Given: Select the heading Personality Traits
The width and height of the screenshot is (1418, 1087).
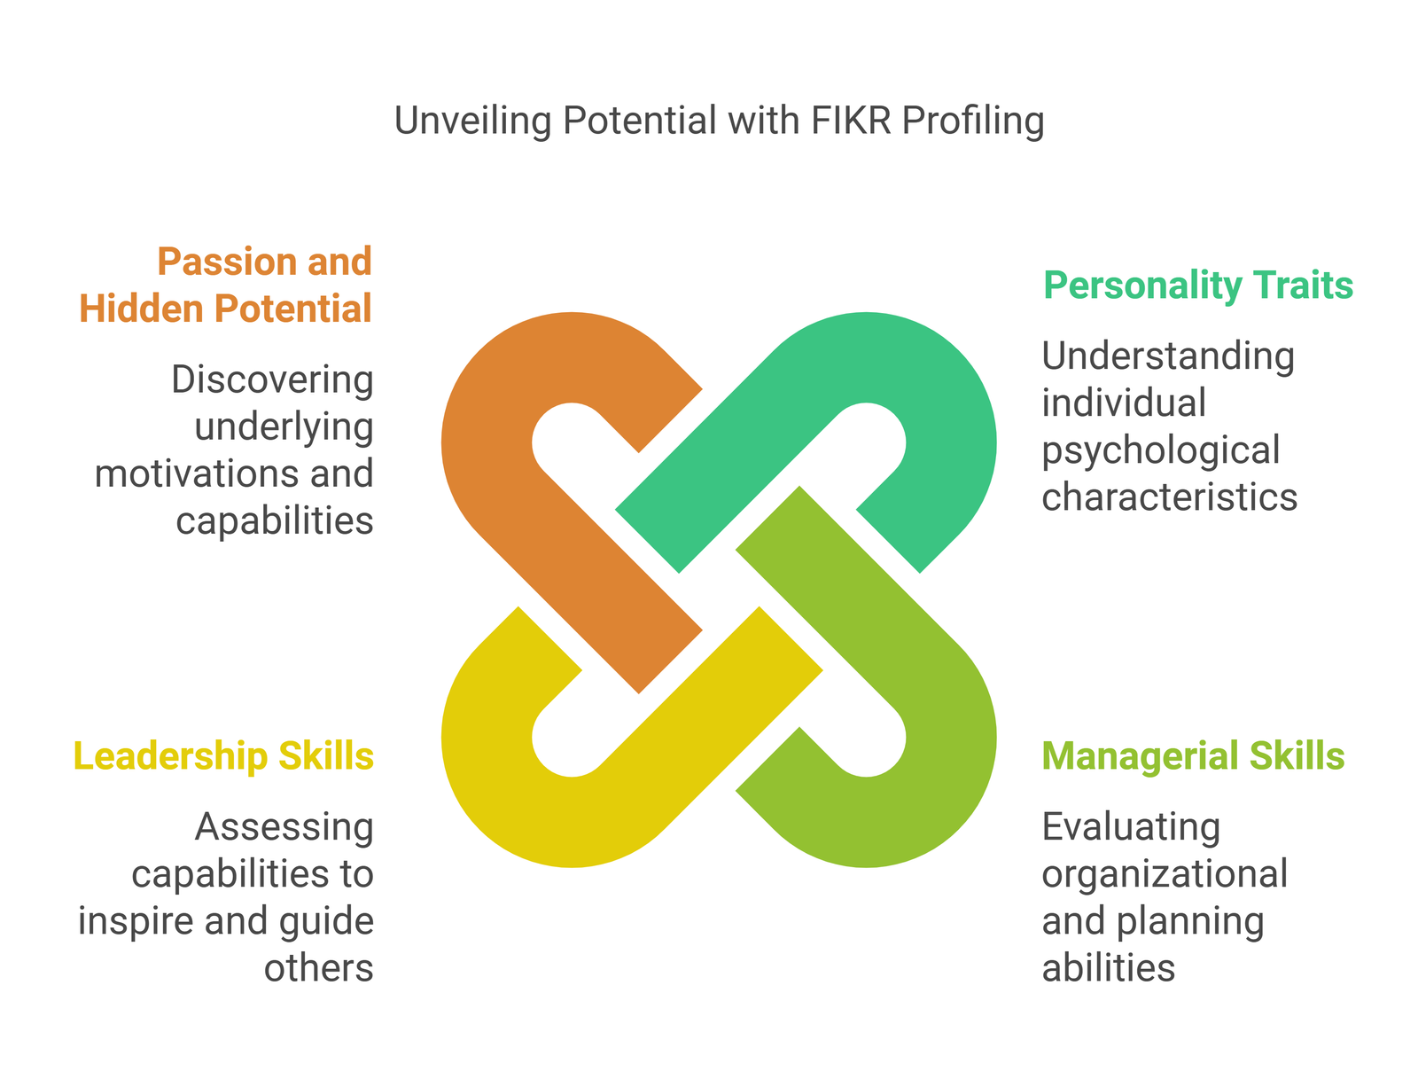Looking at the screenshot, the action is [x=1198, y=285].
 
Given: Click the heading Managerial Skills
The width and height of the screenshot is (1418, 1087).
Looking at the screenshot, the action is [x=1193, y=756].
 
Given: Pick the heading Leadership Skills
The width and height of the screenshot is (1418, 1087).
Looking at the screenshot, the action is [x=223, y=756].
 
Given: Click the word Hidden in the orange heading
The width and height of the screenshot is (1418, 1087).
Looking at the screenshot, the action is [x=134, y=309].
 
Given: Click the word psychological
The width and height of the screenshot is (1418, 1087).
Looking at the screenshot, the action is [x=1161, y=450].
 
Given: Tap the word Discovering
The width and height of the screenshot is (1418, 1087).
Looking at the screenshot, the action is [x=272, y=379].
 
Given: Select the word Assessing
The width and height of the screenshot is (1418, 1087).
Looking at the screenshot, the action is [x=284, y=827].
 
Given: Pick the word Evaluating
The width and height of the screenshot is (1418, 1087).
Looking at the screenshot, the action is [x=1131, y=827].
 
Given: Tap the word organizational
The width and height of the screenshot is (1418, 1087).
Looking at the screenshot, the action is [x=1165, y=874].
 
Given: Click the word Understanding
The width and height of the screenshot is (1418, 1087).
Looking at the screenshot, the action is [x=1168, y=356].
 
